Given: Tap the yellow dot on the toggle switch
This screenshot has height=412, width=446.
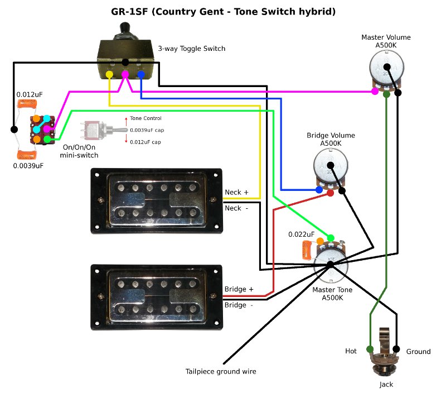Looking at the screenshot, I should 109,74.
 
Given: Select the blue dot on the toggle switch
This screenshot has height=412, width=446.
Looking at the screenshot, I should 140,74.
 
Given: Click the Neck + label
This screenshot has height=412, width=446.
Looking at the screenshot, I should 236,193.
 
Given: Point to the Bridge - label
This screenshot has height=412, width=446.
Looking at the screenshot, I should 239,305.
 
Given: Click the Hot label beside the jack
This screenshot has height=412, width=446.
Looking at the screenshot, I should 351,351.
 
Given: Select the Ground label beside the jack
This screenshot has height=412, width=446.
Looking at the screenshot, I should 418,352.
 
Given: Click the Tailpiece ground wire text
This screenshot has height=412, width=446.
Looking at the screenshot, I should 221,371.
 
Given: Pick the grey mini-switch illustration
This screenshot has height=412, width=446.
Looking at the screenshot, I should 98,130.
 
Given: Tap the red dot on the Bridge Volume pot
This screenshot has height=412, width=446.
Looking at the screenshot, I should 330,193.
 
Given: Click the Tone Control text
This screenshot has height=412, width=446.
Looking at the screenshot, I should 146,118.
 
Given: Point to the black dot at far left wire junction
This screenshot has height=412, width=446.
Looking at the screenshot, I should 13,130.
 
